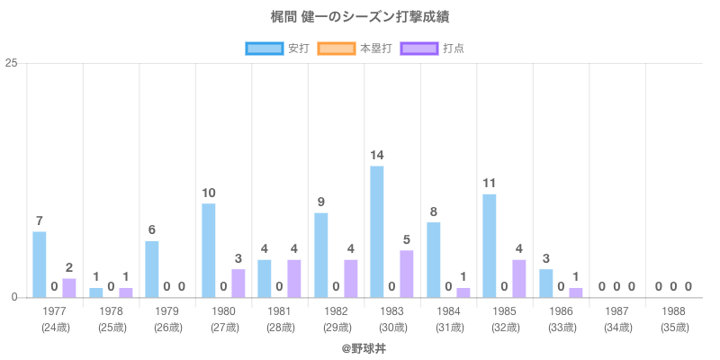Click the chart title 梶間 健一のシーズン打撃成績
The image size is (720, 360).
click(360, 17)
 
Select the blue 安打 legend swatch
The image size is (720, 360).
click(264, 48)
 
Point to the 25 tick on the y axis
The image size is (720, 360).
click(12, 63)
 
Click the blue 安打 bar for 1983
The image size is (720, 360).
click(376, 231)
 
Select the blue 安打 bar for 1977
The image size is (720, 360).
click(40, 265)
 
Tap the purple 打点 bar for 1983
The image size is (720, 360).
click(406, 274)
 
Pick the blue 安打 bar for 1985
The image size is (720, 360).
click(489, 246)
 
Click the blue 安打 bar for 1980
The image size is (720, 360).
click(208, 250)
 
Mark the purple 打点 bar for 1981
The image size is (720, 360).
click(293, 278)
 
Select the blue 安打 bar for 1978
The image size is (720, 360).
click(95, 292)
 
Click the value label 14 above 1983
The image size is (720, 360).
click(376, 155)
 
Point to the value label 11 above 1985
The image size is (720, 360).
click(489, 183)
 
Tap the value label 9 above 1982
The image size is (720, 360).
click(320, 202)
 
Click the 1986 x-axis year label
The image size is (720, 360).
click(561, 310)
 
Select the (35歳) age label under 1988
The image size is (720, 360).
click(673, 327)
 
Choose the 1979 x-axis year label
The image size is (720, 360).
click(167, 310)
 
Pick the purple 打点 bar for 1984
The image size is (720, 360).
click(463, 292)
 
